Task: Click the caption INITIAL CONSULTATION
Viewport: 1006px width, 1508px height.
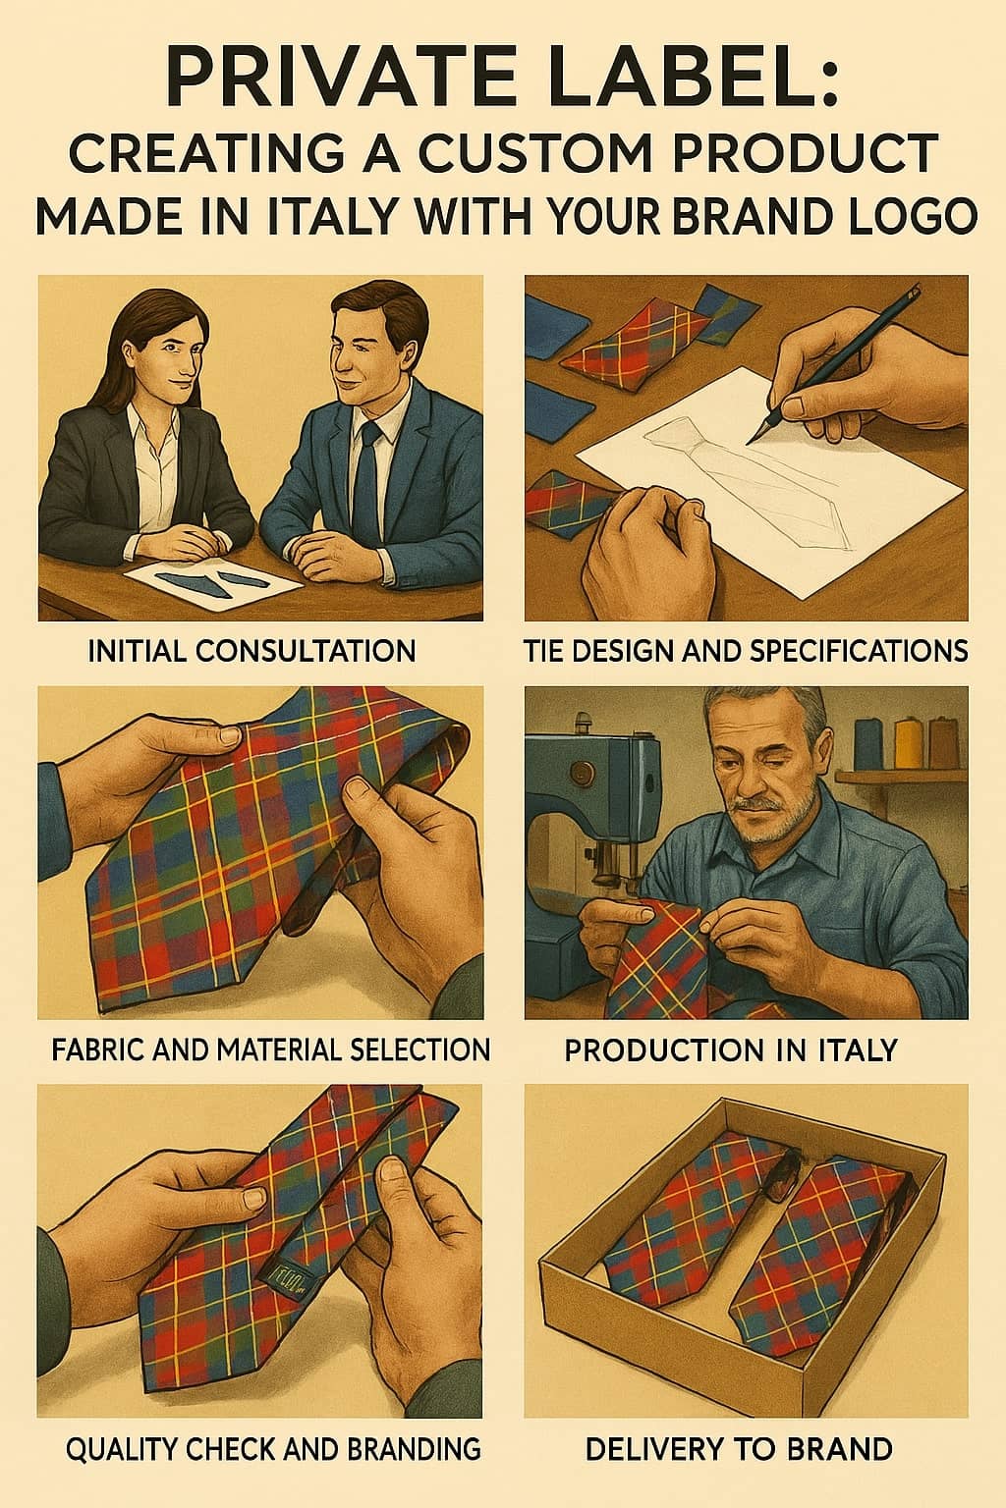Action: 252,651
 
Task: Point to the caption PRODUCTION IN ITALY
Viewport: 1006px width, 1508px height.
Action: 731,1050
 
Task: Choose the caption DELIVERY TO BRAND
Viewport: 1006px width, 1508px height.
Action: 739,1449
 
